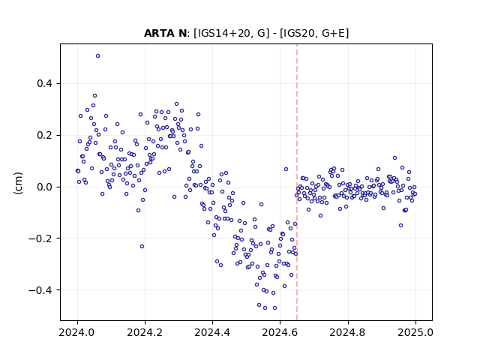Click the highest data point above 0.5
(97, 56)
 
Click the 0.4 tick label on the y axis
(44, 83)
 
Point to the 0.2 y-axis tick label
(44, 135)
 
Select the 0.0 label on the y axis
(44, 187)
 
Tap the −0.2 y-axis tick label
(40, 238)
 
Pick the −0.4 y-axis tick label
(40, 290)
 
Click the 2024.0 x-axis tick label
(77, 332)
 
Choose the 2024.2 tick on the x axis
(145, 332)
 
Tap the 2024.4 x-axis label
(212, 332)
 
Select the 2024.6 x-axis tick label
(280, 332)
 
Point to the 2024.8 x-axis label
(347, 332)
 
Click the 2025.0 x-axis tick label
(415, 332)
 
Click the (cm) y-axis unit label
(18, 183)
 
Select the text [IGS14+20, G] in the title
(232, 33)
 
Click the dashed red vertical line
(297, 182)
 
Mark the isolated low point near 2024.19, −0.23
(142, 247)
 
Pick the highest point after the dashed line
(395, 158)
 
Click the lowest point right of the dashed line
(400, 226)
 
